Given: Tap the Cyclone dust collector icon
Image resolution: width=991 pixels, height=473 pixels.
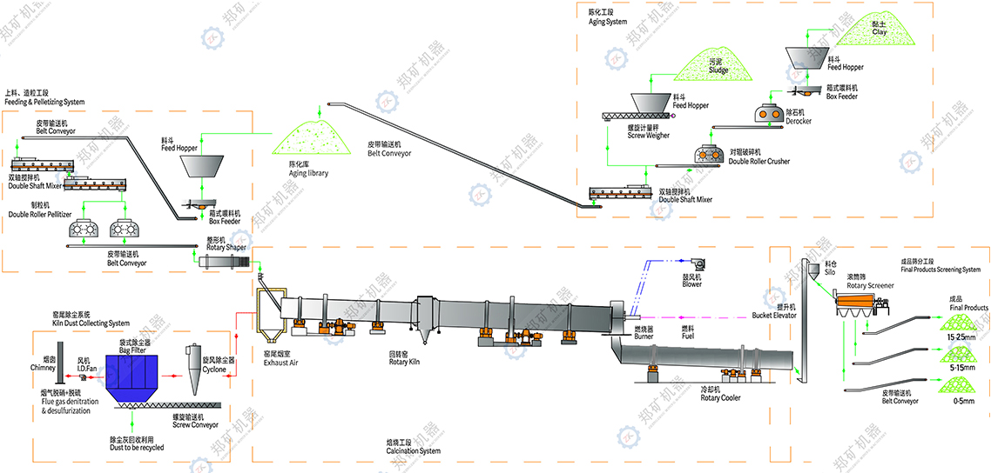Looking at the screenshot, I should pyautogui.click(x=194, y=363).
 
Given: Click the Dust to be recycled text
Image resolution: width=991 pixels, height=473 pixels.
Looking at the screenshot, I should pyautogui.click(x=136, y=444).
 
